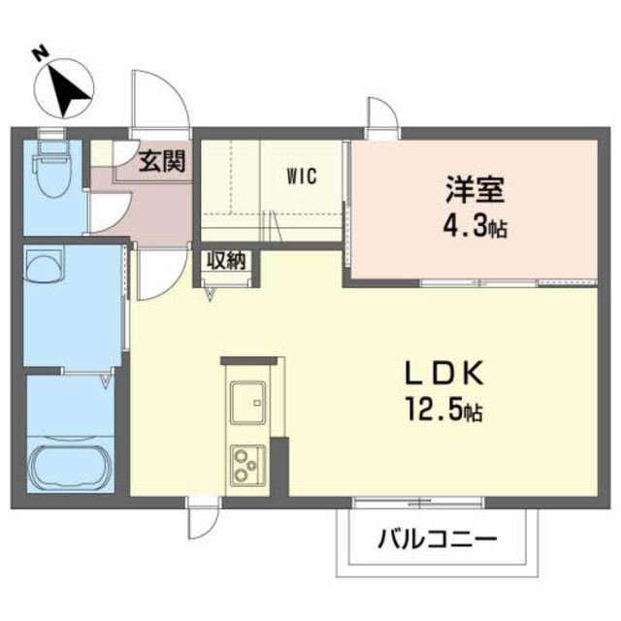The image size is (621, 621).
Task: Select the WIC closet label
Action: (302, 177)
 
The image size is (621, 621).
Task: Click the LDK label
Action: (442, 376)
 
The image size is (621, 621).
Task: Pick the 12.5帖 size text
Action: (443, 412)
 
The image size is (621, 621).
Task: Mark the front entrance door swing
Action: (154, 103)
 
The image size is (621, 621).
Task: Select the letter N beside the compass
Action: (39, 53)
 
